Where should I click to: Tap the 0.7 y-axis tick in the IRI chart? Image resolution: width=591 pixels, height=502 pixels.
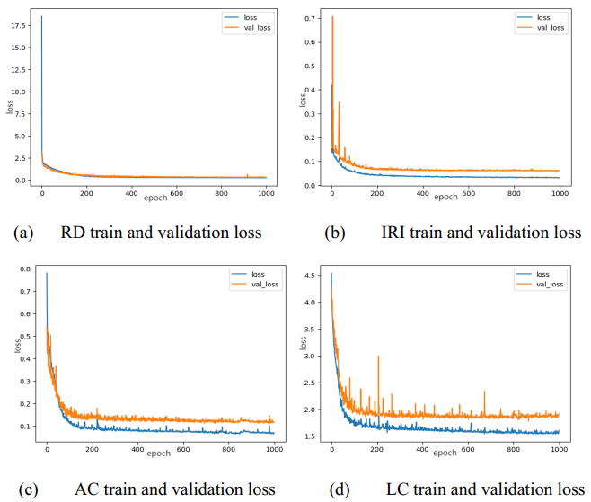(x=311, y=18)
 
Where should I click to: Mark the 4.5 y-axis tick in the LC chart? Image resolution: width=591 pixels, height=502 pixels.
(x=311, y=277)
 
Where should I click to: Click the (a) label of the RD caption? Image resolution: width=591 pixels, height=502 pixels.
(x=23, y=233)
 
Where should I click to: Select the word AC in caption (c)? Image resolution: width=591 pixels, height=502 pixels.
(x=85, y=489)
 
